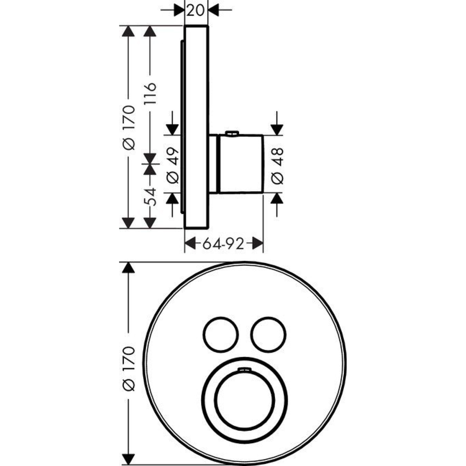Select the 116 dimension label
(x=150, y=93)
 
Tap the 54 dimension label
(x=150, y=197)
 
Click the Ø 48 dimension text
(x=277, y=166)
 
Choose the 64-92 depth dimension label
(x=223, y=243)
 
